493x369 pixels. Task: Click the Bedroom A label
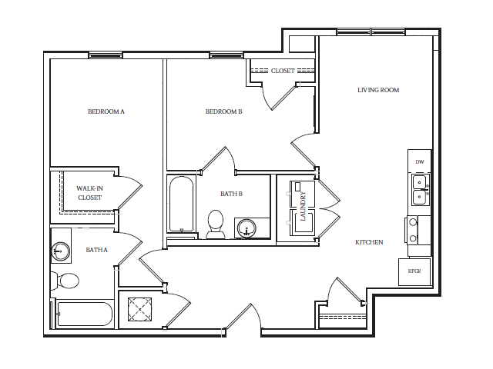pos(106,111)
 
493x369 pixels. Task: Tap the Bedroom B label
pos(223,111)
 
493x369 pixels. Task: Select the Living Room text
pos(378,90)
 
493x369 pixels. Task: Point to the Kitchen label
pos(369,242)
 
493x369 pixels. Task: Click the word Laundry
pos(304,206)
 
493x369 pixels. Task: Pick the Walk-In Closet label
pos(89,193)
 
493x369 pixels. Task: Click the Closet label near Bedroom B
pos(283,71)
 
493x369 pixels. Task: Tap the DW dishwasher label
pos(420,161)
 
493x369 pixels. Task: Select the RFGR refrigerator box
pos(415,271)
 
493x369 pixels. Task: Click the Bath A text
pos(97,250)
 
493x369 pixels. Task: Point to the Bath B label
pos(231,194)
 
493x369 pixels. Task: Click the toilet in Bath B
pos(216,224)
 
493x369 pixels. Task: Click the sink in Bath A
pos(60,250)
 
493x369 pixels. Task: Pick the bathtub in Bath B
pos(182,204)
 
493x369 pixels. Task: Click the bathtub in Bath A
pos(84,314)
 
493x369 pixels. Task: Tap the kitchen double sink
pos(420,189)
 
